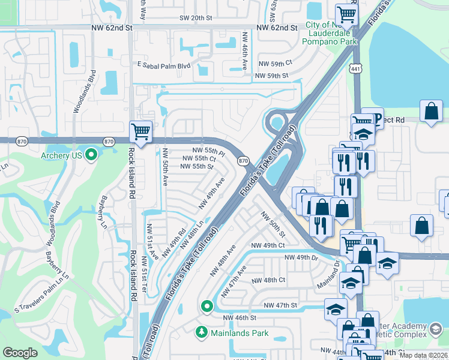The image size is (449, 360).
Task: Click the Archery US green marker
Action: tap(91, 156)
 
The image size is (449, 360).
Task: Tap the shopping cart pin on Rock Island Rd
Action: tap(140, 131)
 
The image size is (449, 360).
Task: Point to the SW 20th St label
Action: tap(196, 18)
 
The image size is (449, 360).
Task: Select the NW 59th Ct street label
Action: tap(275, 62)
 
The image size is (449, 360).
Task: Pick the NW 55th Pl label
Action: tap(208, 150)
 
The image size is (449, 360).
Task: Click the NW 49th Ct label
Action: tap(268, 245)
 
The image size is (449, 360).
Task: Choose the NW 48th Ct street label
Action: tap(268, 280)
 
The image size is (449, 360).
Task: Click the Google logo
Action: tap(20, 353)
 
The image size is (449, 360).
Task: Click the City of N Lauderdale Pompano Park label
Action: tap(331, 34)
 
